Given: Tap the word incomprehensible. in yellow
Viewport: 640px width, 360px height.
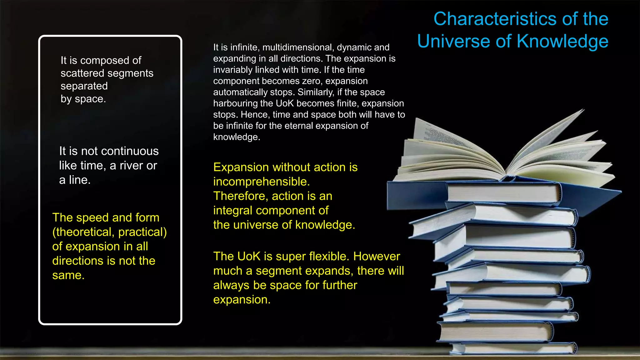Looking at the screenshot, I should point(261,182).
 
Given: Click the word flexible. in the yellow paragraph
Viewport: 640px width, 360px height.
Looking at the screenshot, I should point(329,256).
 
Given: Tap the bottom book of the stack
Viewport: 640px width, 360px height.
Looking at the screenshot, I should point(512,348).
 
